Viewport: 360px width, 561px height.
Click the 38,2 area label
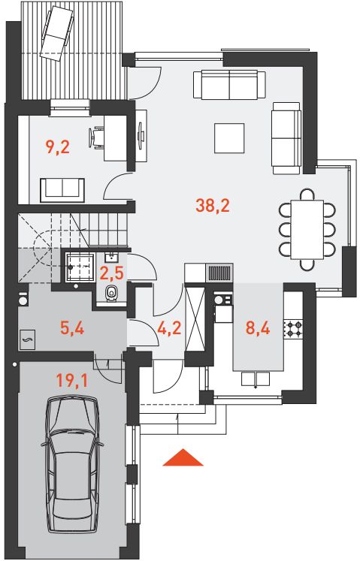pyautogui.click(x=213, y=206)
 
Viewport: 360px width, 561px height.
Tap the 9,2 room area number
pyautogui.click(x=57, y=146)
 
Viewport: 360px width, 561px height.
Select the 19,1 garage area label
pyautogui.click(x=72, y=382)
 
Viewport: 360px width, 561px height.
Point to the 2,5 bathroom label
pyautogui.click(x=112, y=273)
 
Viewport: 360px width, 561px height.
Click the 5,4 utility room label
pyautogui.click(x=72, y=328)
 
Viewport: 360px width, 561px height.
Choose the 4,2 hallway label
pyautogui.click(x=168, y=329)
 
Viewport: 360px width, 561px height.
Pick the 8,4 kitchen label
pyautogui.click(x=258, y=328)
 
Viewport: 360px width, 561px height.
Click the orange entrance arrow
pyautogui.click(x=183, y=457)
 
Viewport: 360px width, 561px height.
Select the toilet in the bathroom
pyautogui.click(x=112, y=294)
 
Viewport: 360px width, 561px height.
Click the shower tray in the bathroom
pyautogui.click(x=80, y=267)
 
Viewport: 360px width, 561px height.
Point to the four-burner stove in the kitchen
pyautogui.click(x=294, y=329)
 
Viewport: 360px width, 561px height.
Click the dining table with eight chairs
pyautogui.click(x=307, y=229)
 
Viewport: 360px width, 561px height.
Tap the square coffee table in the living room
pyautogui.click(x=229, y=137)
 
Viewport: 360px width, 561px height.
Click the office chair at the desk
pyautogui.click(x=95, y=137)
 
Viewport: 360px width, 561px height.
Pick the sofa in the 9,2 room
pyautogui.click(x=62, y=190)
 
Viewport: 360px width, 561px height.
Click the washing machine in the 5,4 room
pyautogui.click(x=23, y=300)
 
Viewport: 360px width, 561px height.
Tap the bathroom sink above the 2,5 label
pyautogui.click(x=111, y=256)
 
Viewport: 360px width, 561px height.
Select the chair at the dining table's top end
pyautogui.click(x=307, y=195)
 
